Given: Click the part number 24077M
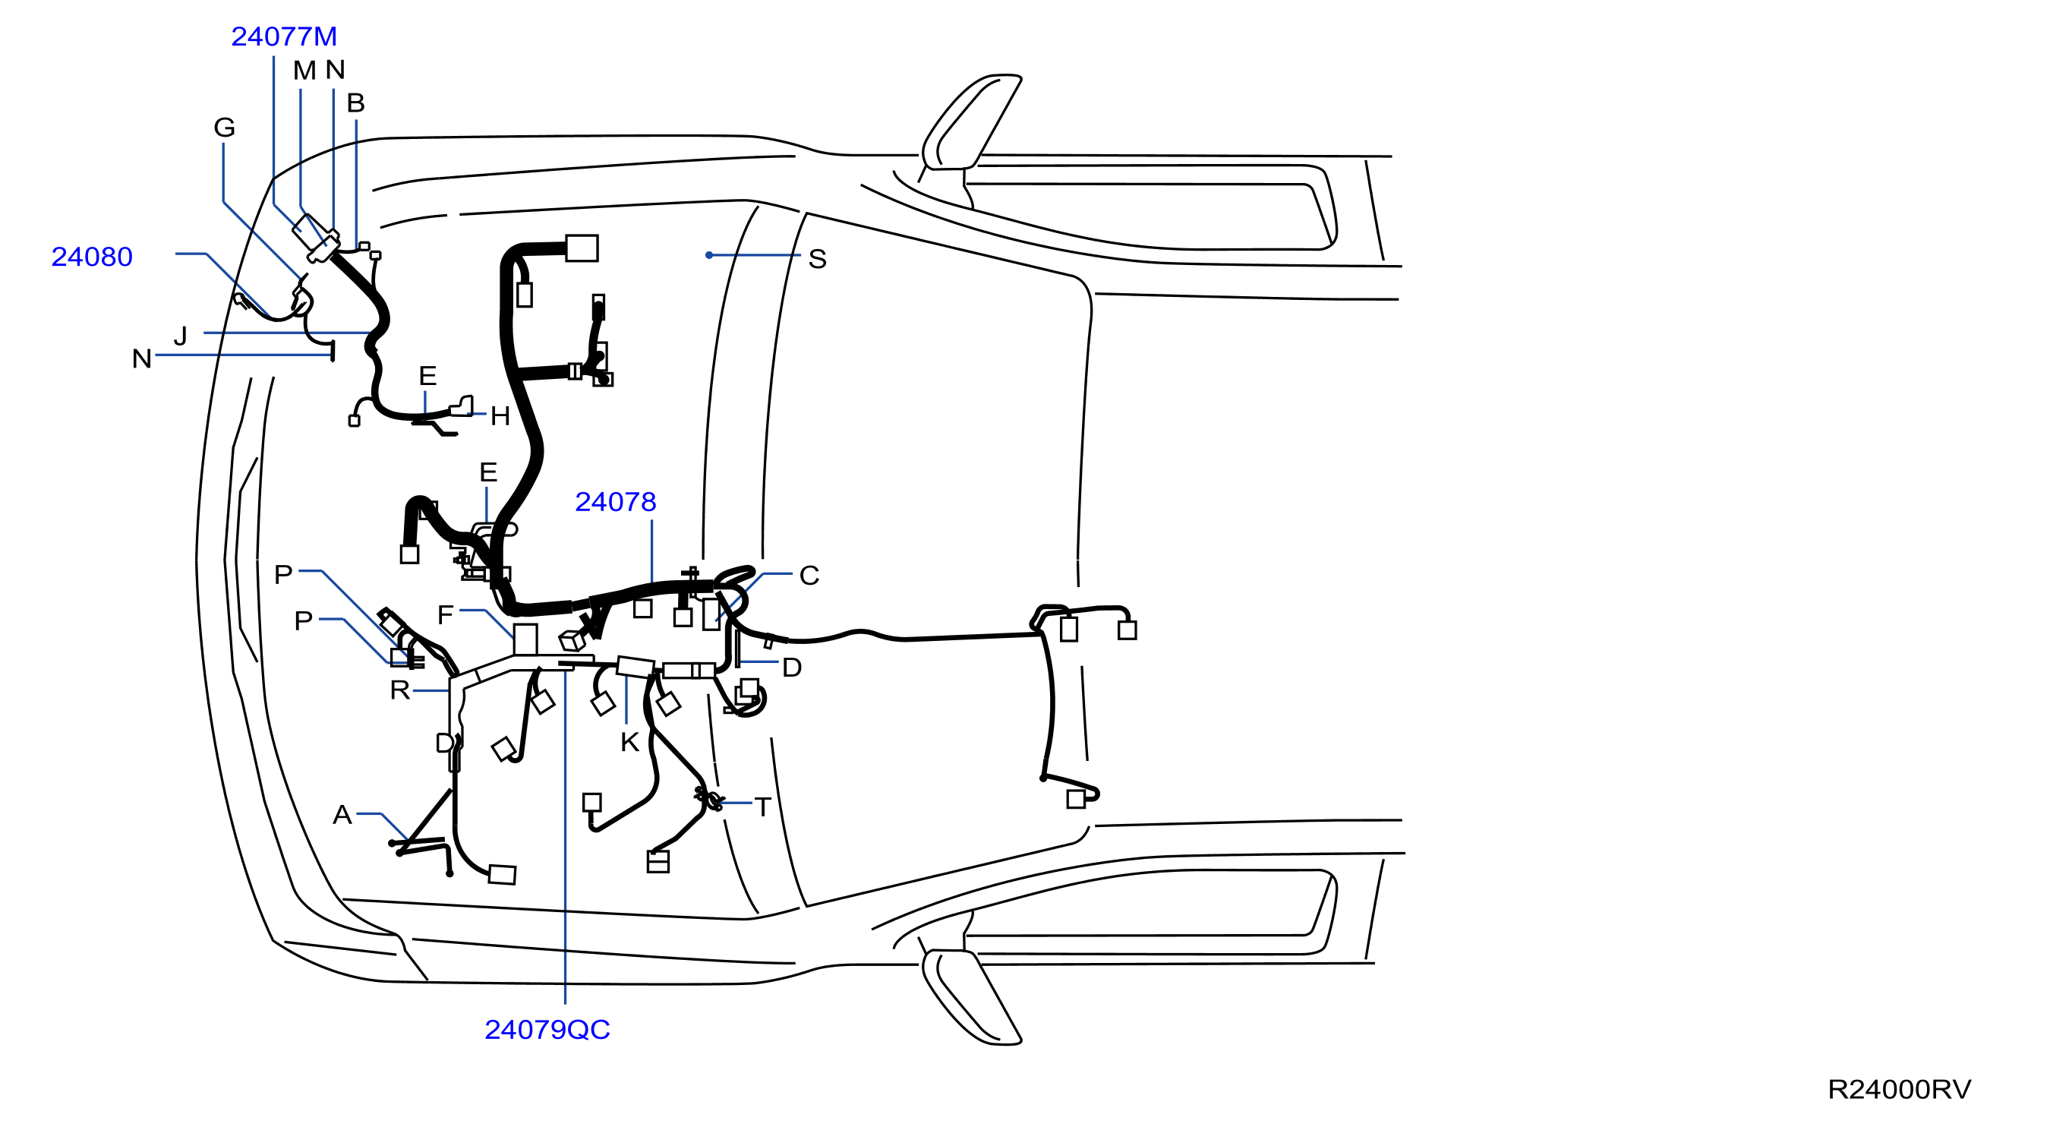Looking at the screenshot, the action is [x=284, y=36].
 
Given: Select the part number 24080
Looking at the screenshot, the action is [x=92, y=257].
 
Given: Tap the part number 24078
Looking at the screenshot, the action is [x=615, y=502].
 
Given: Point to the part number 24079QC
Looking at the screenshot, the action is [x=547, y=1030].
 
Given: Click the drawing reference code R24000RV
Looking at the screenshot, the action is [x=1899, y=1090].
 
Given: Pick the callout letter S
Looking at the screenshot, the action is [x=817, y=260].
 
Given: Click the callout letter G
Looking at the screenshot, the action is [x=225, y=128].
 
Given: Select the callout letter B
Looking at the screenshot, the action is [x=356, y=103].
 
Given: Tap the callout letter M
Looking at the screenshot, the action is [x=304, y=71].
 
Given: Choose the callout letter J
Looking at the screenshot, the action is [x=181, y=336].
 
